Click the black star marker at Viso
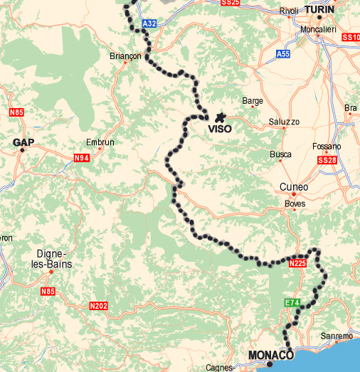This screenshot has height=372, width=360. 220,117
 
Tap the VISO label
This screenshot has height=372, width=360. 219,130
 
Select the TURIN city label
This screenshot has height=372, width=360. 319,9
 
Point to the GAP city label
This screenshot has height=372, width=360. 23,142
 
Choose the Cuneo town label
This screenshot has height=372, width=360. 295,187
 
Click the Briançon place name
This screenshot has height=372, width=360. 127,55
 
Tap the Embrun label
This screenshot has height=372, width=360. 100,142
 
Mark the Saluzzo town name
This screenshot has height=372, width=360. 284,122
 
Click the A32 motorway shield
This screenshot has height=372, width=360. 149,23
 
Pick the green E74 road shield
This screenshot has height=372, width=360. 292,303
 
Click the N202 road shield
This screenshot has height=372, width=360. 98,306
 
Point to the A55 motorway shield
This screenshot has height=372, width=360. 283,53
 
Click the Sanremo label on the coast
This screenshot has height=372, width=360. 337,336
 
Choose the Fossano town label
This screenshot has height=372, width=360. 327,147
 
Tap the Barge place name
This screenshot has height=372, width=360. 253,101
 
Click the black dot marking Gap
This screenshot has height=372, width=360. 22,150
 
